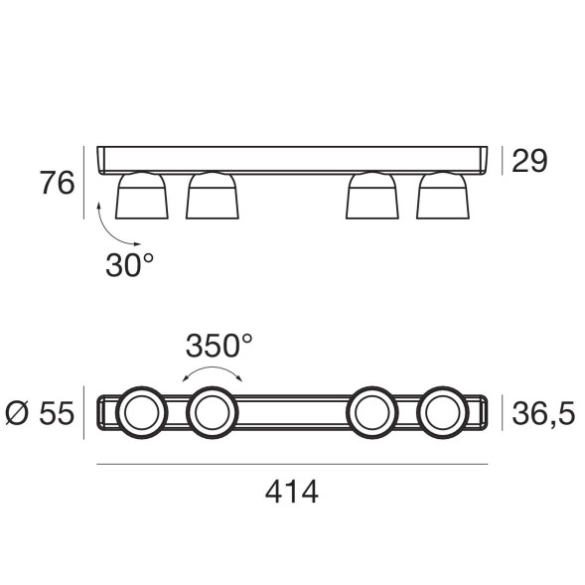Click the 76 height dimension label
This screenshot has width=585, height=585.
tap(57, 183)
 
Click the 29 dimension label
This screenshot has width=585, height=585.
tap(529, 161)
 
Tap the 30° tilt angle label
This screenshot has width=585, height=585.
tap(129, 263)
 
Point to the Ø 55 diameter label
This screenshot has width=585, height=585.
tap(40, 413)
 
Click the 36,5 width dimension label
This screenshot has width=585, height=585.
tap(543, 413)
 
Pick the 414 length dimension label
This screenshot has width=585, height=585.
tap(291, 492)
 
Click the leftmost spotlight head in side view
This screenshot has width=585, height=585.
tap(142, 196)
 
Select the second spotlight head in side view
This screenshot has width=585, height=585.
tap(212, 196)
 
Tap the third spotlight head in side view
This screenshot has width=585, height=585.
tap(371, 196)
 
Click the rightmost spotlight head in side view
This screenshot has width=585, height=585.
tap(442, 196)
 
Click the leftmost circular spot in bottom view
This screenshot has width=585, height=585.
tap(141, 412)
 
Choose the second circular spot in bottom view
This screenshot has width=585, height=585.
tap(212, 412)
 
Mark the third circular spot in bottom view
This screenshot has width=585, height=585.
tap(371, 412)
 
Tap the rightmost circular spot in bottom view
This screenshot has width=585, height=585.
tap(442, 412)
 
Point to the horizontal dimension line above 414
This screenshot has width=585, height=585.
tap(291, 464)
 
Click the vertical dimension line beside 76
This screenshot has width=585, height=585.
tap(86, 183)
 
